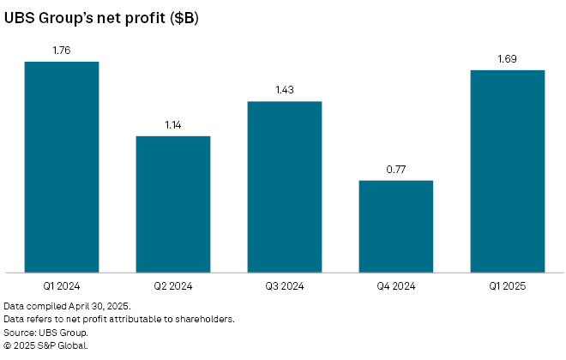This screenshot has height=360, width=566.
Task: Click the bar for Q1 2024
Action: [62, 167]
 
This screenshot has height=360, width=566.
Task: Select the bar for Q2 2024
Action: [173, 204]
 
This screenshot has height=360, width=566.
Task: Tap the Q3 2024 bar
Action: [285, 187]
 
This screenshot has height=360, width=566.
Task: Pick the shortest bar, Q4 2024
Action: [395, 226]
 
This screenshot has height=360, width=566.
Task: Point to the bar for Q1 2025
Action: [508, 171]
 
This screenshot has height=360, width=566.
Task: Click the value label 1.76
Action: [62, 51]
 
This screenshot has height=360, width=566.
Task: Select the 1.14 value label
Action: [173, 125]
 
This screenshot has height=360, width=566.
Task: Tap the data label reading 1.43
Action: [285, 91]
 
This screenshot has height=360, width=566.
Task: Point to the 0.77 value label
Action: [395, 170]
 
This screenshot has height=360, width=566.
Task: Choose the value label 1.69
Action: [508, 59]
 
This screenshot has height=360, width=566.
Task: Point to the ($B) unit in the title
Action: [184, 17]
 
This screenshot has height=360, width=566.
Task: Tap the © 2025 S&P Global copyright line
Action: [46, 345]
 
